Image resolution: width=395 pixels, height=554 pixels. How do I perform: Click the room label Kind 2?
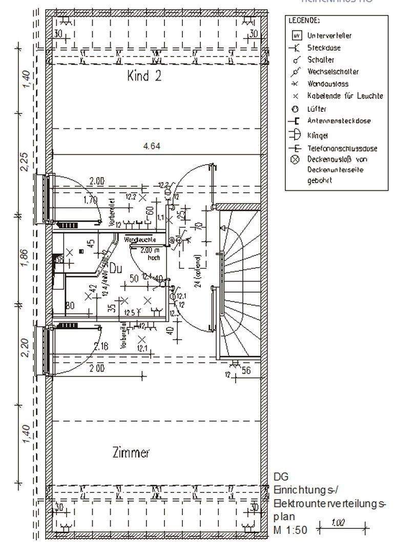pyautogui.click(x=144, y=76)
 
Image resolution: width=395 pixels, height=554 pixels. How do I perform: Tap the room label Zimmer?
pyautogui.click(x=131, y=452)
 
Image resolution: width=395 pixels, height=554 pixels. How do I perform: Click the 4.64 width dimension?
pyautogui.click(x=152, y=146)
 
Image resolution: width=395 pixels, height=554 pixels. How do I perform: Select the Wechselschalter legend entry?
pyautogui.click(x=332, y=72)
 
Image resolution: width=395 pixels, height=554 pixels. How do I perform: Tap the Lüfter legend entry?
pyautogui.click(x=317, y=109)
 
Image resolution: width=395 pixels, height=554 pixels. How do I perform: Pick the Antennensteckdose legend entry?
pyautogui.click(x=339, y=121)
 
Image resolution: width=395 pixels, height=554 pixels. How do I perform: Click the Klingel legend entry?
pyautogui.click(x=318, y=136)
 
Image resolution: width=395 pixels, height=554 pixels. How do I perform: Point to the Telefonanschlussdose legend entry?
pyautogui.click(x=342, y=149)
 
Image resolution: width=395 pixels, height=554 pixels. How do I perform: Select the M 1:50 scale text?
pyautogui.click(x=290, y=529)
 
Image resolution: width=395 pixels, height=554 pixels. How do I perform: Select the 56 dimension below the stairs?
pyautogui.click(x=246, y=370)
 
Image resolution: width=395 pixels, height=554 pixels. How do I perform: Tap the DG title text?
pyautogui.click(x=281, y=477)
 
